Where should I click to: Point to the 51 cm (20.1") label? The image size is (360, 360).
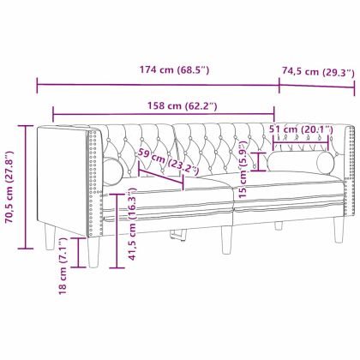[300, 129]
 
